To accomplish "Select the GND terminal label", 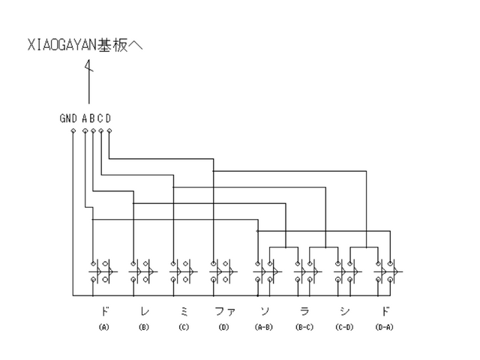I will [69, 118].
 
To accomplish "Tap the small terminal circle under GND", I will [73, 131].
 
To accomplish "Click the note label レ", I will [143, 311].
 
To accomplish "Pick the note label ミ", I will [184, 311].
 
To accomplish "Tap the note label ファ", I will [223, 311].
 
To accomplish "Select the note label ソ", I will [264, 311].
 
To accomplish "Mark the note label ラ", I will [304, 311].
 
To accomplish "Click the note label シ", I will [344, 311].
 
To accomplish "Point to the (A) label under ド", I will [103, 328].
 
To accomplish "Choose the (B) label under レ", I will [143, 328].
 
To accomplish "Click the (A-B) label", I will [264, 328].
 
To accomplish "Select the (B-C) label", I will [304, 328].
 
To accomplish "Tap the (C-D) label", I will [344, 328].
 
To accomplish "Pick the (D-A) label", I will [385, 328].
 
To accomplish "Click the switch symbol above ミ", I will [181, 271].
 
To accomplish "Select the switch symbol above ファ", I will [221, 271].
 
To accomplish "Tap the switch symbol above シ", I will [345, 271].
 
